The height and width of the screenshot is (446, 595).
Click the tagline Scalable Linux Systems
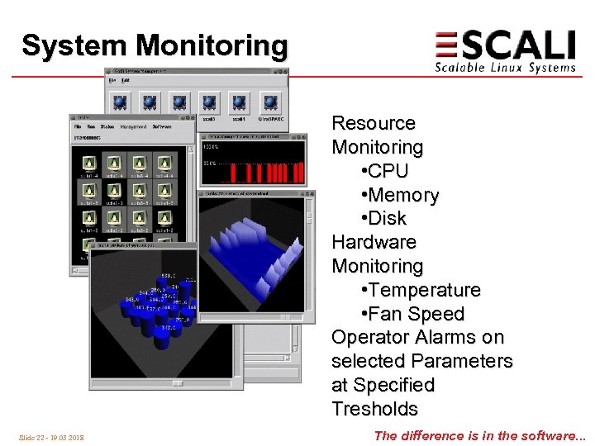(505, 68)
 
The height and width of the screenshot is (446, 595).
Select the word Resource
(373, 123)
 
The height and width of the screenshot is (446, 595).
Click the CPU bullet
(386, 171)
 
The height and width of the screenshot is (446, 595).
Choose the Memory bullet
(401, 195)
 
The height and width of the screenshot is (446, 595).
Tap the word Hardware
(374, 242)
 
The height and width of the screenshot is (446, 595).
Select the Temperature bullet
(421, 290)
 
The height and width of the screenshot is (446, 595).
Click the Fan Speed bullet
(413, 314)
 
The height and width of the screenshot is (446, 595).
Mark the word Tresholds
(374, 409)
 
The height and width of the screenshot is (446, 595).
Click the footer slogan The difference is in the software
(479, 435)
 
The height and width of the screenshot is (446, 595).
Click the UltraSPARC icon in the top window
(270, 104)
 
